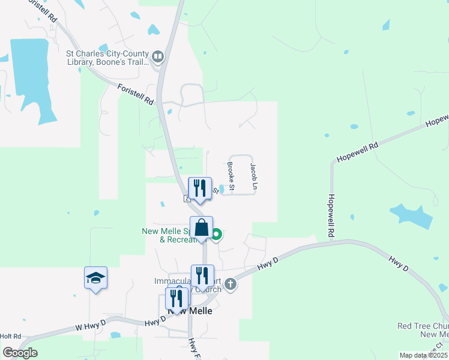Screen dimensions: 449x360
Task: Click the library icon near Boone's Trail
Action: [x=158, y=57]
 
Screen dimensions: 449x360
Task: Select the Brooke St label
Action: [x=231, y=176]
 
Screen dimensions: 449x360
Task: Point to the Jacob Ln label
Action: [x=253, y=177]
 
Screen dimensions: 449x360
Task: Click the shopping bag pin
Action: [x=202, y=228]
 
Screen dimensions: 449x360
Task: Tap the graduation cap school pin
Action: [x=95, y=278]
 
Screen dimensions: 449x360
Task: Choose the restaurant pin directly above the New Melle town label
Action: [x=177, y=299]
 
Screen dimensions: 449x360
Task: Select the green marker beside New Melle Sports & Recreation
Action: [x=216, y=235]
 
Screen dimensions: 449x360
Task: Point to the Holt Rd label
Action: [x=10, y=337]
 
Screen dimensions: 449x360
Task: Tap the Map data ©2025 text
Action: [x=423, y=356]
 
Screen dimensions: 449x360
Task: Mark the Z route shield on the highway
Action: [x=187, y=198]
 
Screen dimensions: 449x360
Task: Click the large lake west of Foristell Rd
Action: [x=29, y=72]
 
